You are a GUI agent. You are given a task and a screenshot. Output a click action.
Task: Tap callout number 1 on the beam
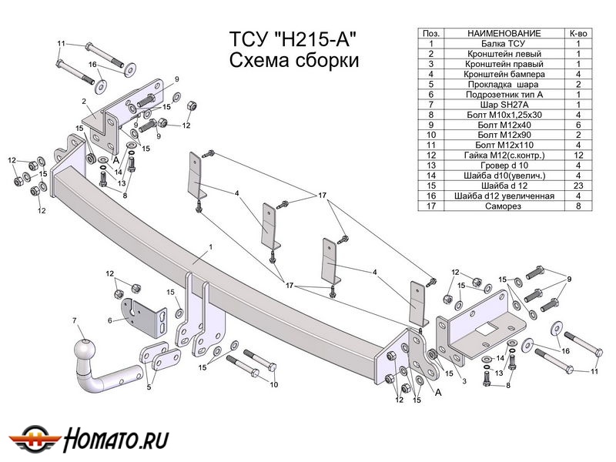[x=208, y=248]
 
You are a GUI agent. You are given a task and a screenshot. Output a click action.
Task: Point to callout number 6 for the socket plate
[x=110, y=320]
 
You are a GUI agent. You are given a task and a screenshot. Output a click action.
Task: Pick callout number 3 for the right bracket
[x=464, y=381]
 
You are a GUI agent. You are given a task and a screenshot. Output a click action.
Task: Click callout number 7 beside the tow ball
[x=75, y=320]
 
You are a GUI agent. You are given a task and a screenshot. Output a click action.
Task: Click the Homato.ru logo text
[x=115, y=440]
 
